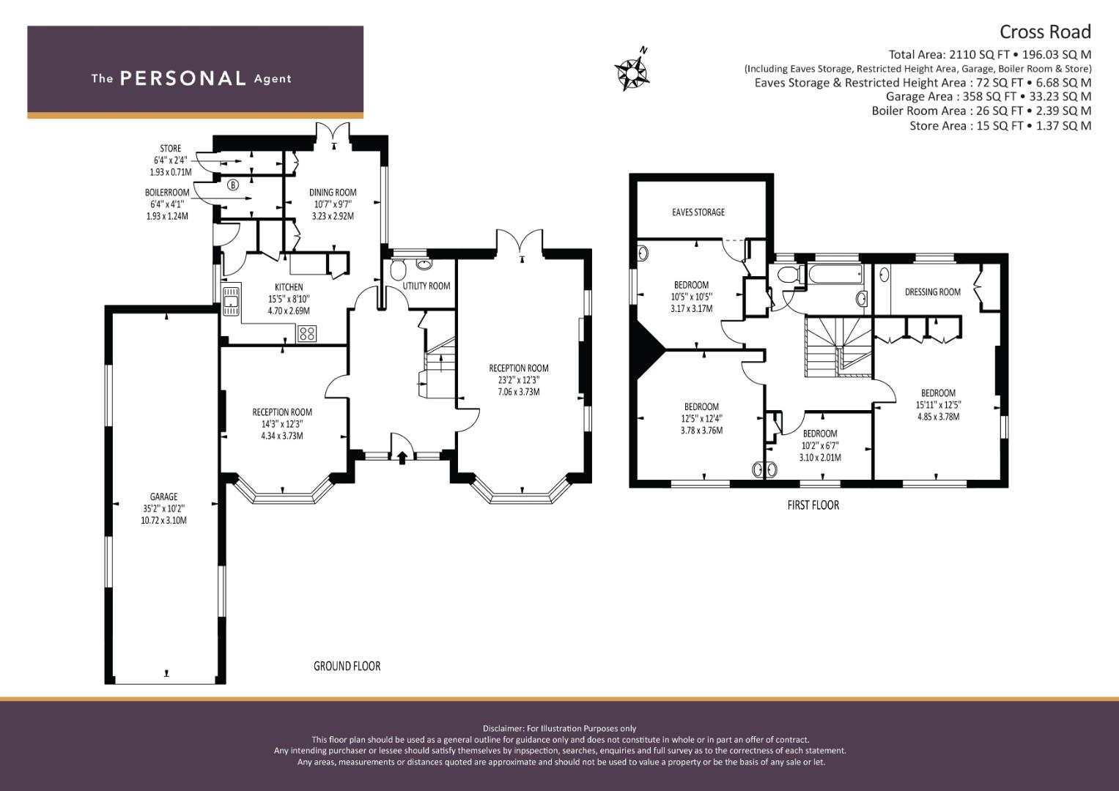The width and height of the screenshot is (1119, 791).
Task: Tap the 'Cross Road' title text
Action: tap(1045, 31)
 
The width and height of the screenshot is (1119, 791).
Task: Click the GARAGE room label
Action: tap(163, 497)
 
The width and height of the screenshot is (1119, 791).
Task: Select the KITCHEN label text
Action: tap(289, 287)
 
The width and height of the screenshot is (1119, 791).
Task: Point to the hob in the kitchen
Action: tap(307, 334)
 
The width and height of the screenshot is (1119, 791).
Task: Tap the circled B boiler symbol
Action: tap(234, 185)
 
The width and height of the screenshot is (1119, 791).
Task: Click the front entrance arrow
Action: tap(402, 458)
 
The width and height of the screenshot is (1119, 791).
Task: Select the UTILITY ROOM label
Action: tap(426, 286)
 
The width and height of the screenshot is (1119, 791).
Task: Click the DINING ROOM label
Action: tap(333, 193)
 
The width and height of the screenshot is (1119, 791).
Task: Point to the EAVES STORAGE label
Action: tap(698, 212)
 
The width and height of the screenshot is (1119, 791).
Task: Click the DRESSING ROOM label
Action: tap(932, 291)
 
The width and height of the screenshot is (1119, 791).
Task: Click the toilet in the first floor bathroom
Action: tap(789, 277)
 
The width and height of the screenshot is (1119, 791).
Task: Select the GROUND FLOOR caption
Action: tap(347, 666)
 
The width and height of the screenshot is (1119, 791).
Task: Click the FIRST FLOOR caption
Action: tap(813, 505)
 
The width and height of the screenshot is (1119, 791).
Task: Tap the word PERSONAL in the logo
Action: tap(182, 78)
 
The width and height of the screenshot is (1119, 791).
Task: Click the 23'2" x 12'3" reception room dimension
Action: tap(518, 380)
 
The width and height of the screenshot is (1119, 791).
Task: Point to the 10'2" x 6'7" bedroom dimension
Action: tap(819, 445)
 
